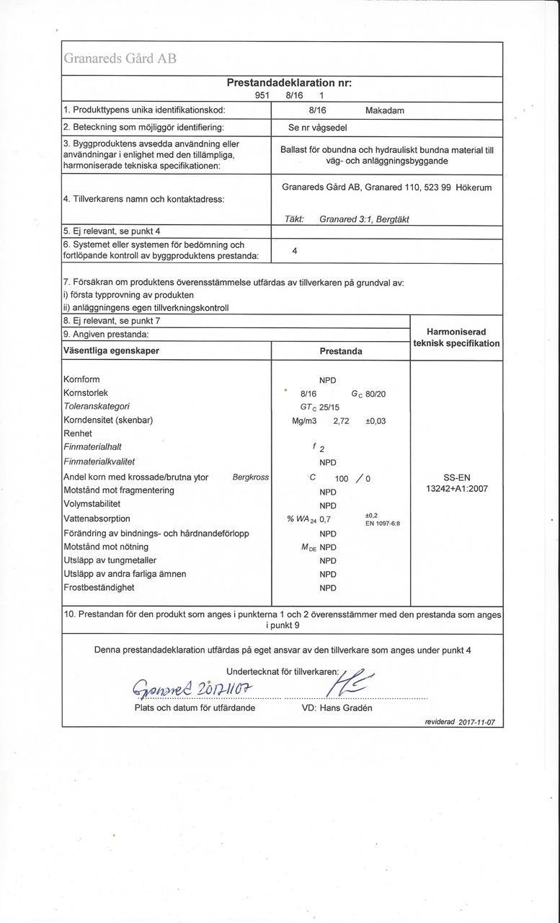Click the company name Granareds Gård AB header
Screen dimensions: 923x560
coord(120,59)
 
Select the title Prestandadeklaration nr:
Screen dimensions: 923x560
coord(289,83)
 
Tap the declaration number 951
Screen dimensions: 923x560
coord(262,95)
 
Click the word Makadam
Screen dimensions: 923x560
coord(385,110)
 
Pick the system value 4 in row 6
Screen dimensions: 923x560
coord(295,251)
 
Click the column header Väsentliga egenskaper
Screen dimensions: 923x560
coord(112,351)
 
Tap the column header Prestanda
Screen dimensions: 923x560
coord(341,351)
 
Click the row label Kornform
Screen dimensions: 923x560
coord(81,379)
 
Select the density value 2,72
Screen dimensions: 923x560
coord(341,420)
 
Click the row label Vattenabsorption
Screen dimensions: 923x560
coord(97,518)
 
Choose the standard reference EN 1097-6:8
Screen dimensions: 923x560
coord(383,523)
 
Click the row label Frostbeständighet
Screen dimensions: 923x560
coord(99,588)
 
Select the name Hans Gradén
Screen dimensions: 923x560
coord(347,708)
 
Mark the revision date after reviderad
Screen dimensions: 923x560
coord(476,722)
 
